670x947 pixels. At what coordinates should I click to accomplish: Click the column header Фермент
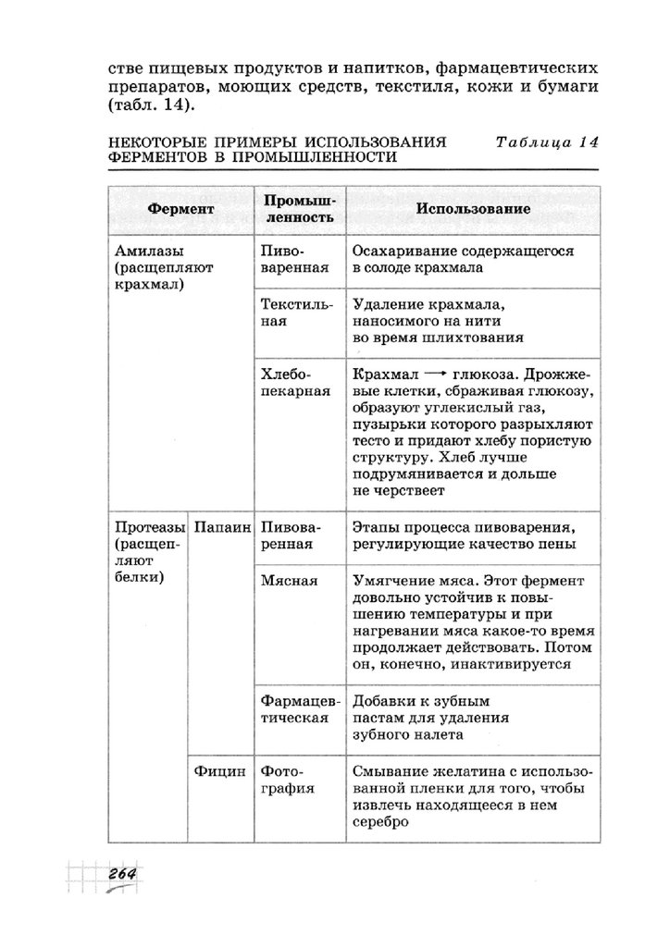pos(180,210)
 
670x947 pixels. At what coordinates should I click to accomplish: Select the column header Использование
pos(473,210)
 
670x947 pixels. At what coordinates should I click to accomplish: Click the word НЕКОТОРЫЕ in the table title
pos(161,142)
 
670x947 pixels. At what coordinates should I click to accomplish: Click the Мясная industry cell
pos(289,581)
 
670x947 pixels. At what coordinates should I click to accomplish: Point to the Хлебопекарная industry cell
pos(295,383)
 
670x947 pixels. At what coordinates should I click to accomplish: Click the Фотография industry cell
pos(288,779)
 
